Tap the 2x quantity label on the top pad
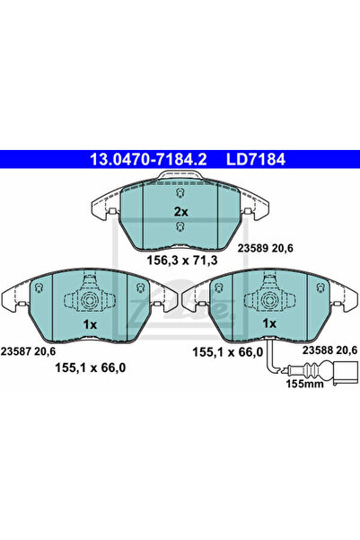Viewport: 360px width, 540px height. coord(181,211)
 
